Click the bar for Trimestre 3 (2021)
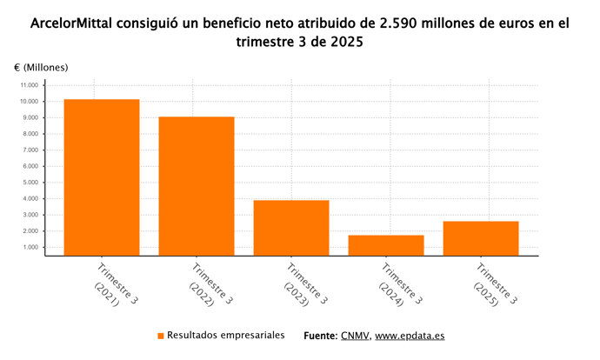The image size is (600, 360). coord(101,177)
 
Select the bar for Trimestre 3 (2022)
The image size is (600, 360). coord(196,186)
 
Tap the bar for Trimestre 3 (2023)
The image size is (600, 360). coord(291,228)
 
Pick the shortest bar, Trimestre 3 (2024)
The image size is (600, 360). coord(386,245)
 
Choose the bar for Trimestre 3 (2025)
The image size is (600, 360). coord(481,238)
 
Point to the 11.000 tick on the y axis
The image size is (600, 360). coord(29,85)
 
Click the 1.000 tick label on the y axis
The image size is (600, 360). coord(30,248)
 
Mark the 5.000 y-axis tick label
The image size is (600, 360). coord(30,183)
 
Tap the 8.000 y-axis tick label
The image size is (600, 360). coord(30,134)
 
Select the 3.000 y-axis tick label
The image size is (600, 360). coord(30,216)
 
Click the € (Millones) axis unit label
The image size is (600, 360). coord(41,67)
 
